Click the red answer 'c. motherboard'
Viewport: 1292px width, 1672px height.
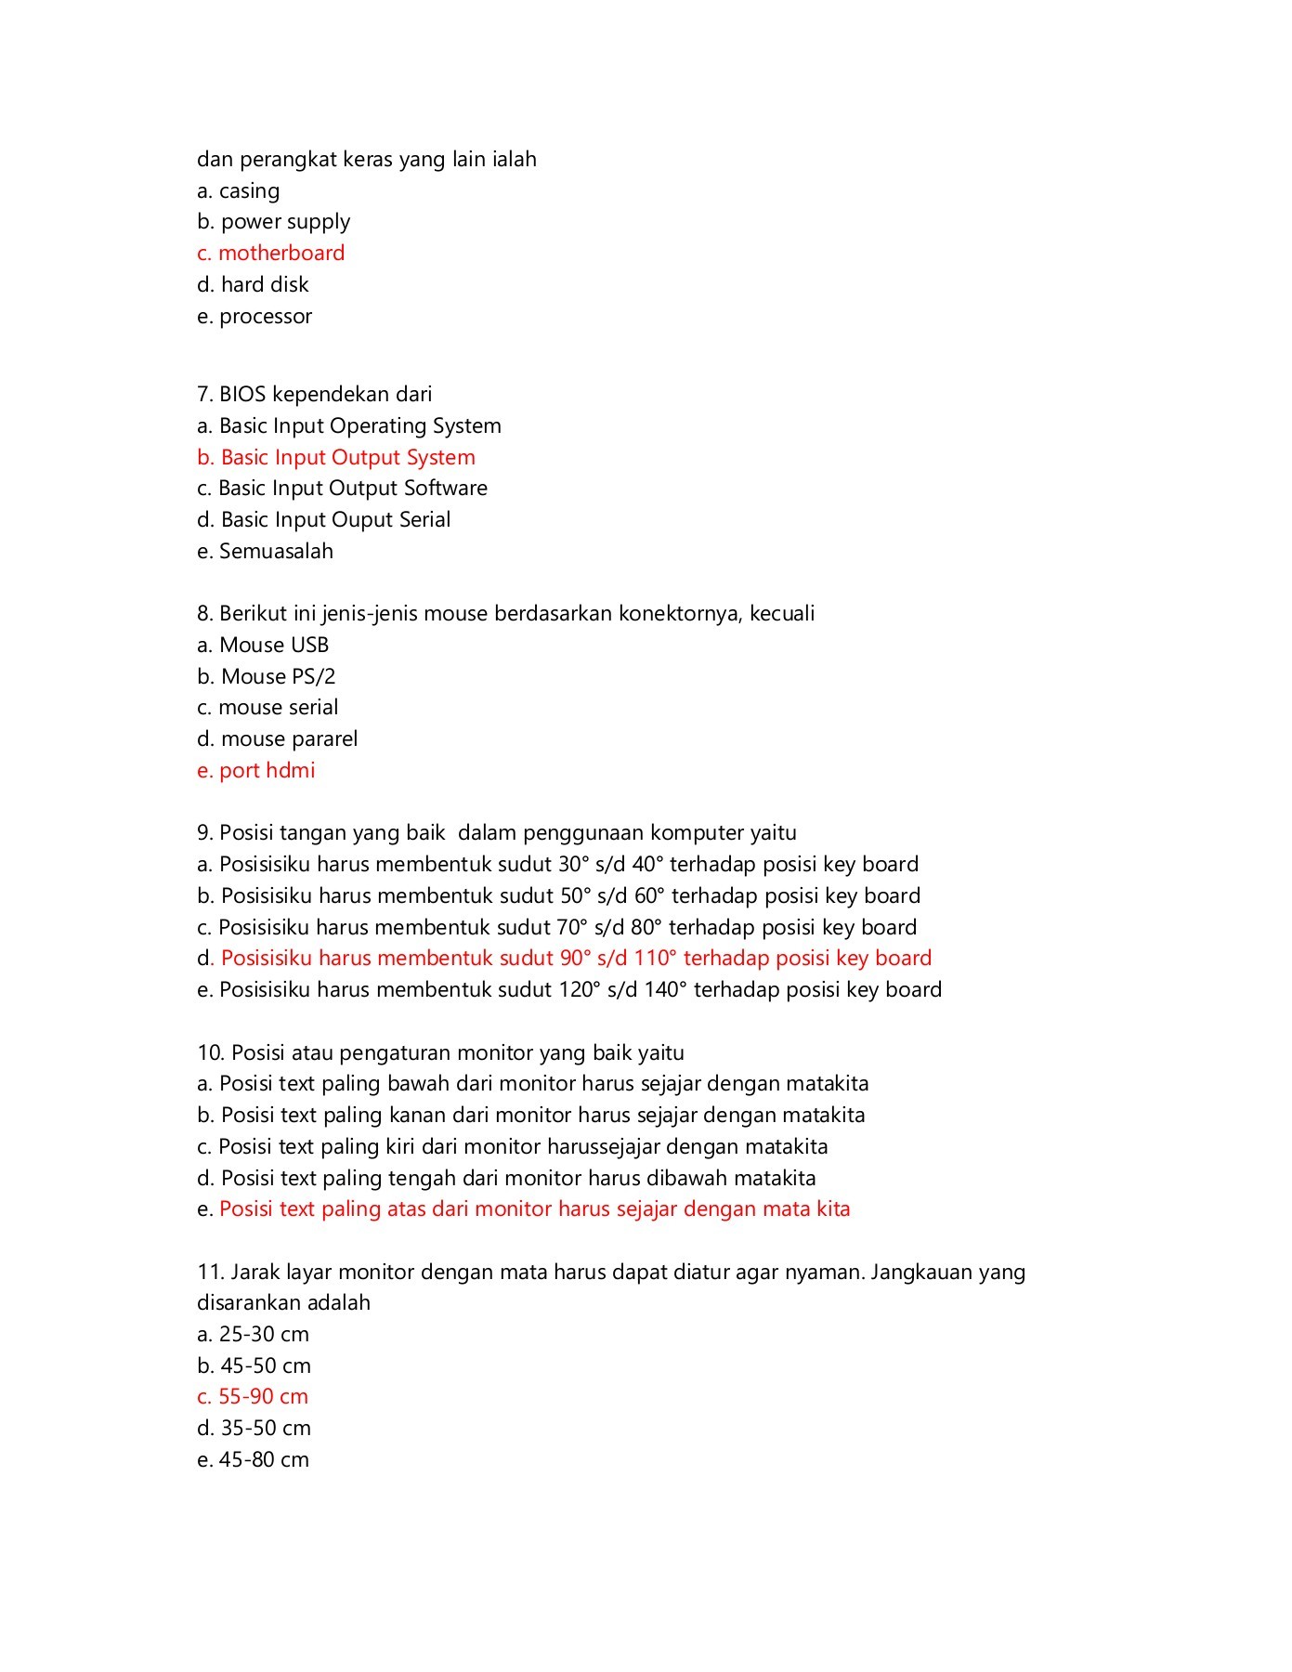pos(270,253)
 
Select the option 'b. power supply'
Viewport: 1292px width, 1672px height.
pos(273,222)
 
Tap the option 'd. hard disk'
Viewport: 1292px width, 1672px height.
pos(253,284)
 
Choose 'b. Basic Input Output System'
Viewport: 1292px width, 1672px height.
pos(336,457)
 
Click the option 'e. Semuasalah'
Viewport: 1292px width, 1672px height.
pos(265,551)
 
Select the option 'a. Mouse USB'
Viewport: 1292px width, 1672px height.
pos(263,645)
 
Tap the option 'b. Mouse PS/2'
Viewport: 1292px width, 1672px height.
pos(266,676)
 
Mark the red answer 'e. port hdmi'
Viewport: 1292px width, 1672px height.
pos(255,770)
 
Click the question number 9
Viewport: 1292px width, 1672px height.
pos(204,832)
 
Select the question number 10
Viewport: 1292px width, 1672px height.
pos(210,1052)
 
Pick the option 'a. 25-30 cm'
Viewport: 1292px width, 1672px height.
pos(253,1334)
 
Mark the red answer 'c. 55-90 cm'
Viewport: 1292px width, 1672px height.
pos(253,1396)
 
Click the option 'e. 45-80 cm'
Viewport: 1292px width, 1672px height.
pos(253,1459)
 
